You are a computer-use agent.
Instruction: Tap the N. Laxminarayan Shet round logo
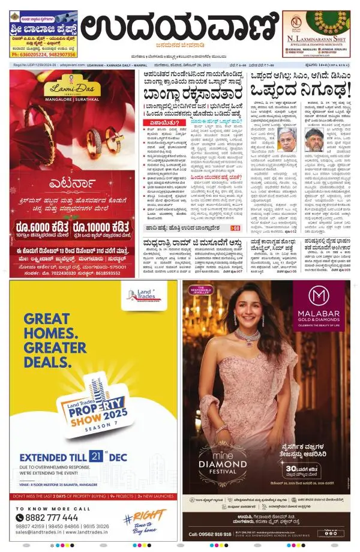pyautogui.click(x=295, y=23)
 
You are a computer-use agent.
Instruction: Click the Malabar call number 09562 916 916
pyautogui.click(x=211, y=533)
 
